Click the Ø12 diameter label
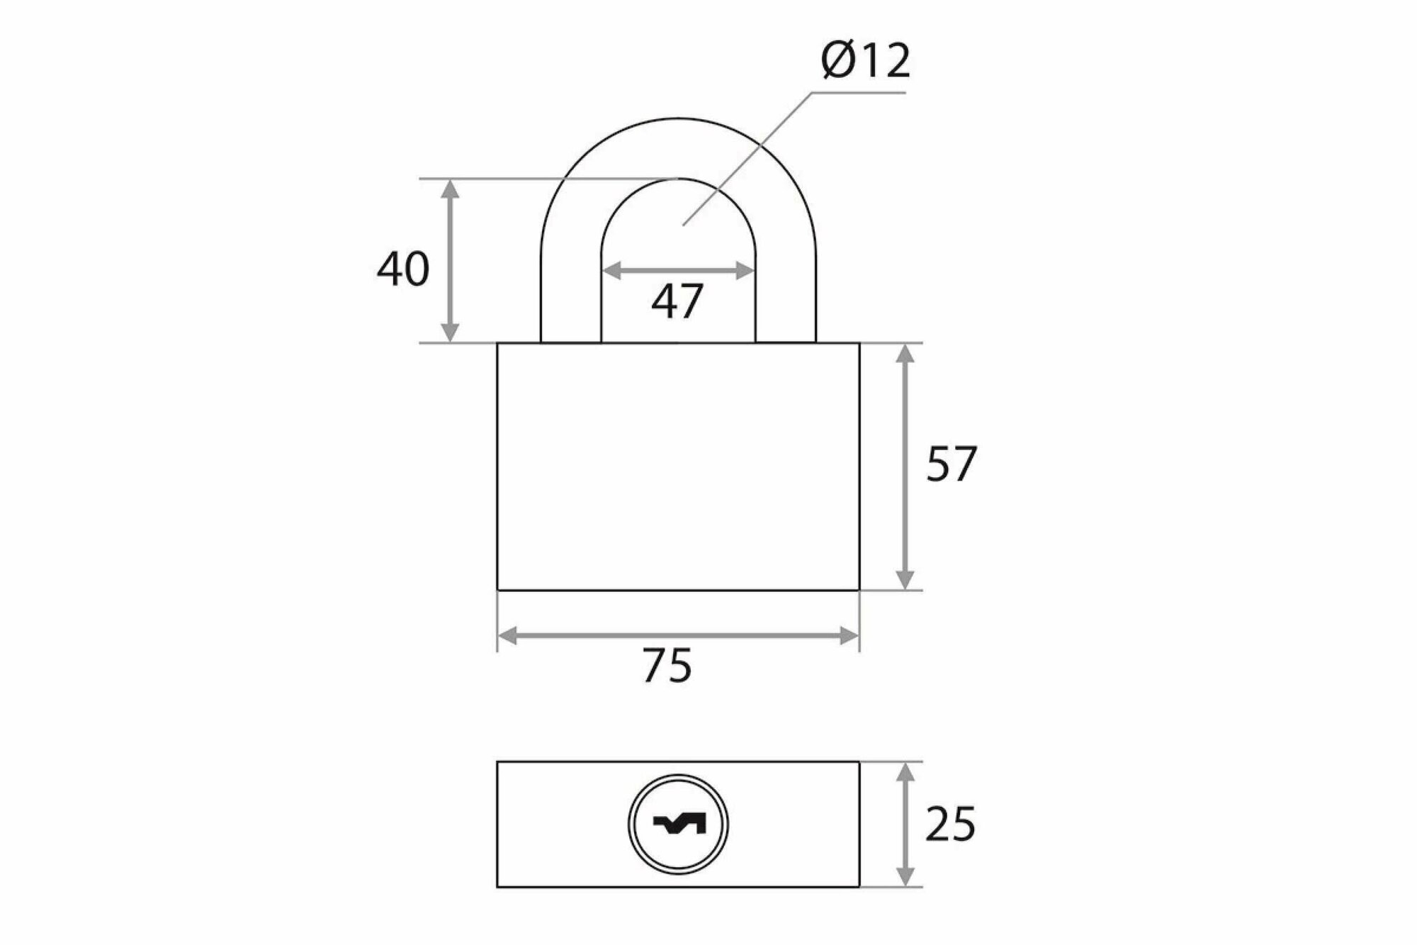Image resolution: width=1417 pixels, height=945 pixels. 865,62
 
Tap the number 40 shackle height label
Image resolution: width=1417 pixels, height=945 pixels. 402,269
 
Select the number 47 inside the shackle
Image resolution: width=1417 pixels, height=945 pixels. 677,301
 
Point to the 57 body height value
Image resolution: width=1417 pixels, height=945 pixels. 951,464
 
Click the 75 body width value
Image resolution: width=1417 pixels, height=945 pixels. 667,666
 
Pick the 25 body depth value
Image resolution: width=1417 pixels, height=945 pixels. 950,824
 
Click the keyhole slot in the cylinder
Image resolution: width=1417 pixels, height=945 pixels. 679,824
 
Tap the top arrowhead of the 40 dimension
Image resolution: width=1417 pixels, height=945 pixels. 450,189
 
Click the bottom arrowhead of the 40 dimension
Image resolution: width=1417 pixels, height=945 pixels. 450,332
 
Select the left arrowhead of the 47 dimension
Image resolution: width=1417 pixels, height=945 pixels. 611,270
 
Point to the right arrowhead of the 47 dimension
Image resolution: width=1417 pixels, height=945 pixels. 745,270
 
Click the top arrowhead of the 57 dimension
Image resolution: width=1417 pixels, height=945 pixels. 905,354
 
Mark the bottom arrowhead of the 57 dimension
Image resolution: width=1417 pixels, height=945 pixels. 905,579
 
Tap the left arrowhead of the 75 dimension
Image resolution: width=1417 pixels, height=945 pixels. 507,636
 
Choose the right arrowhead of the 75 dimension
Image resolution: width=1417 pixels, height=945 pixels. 849,636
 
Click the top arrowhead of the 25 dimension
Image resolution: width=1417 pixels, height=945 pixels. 905,772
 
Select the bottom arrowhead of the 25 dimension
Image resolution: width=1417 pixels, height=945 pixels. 905,877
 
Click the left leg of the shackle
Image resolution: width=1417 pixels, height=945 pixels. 570,298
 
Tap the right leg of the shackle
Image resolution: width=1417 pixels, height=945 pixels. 786,298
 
